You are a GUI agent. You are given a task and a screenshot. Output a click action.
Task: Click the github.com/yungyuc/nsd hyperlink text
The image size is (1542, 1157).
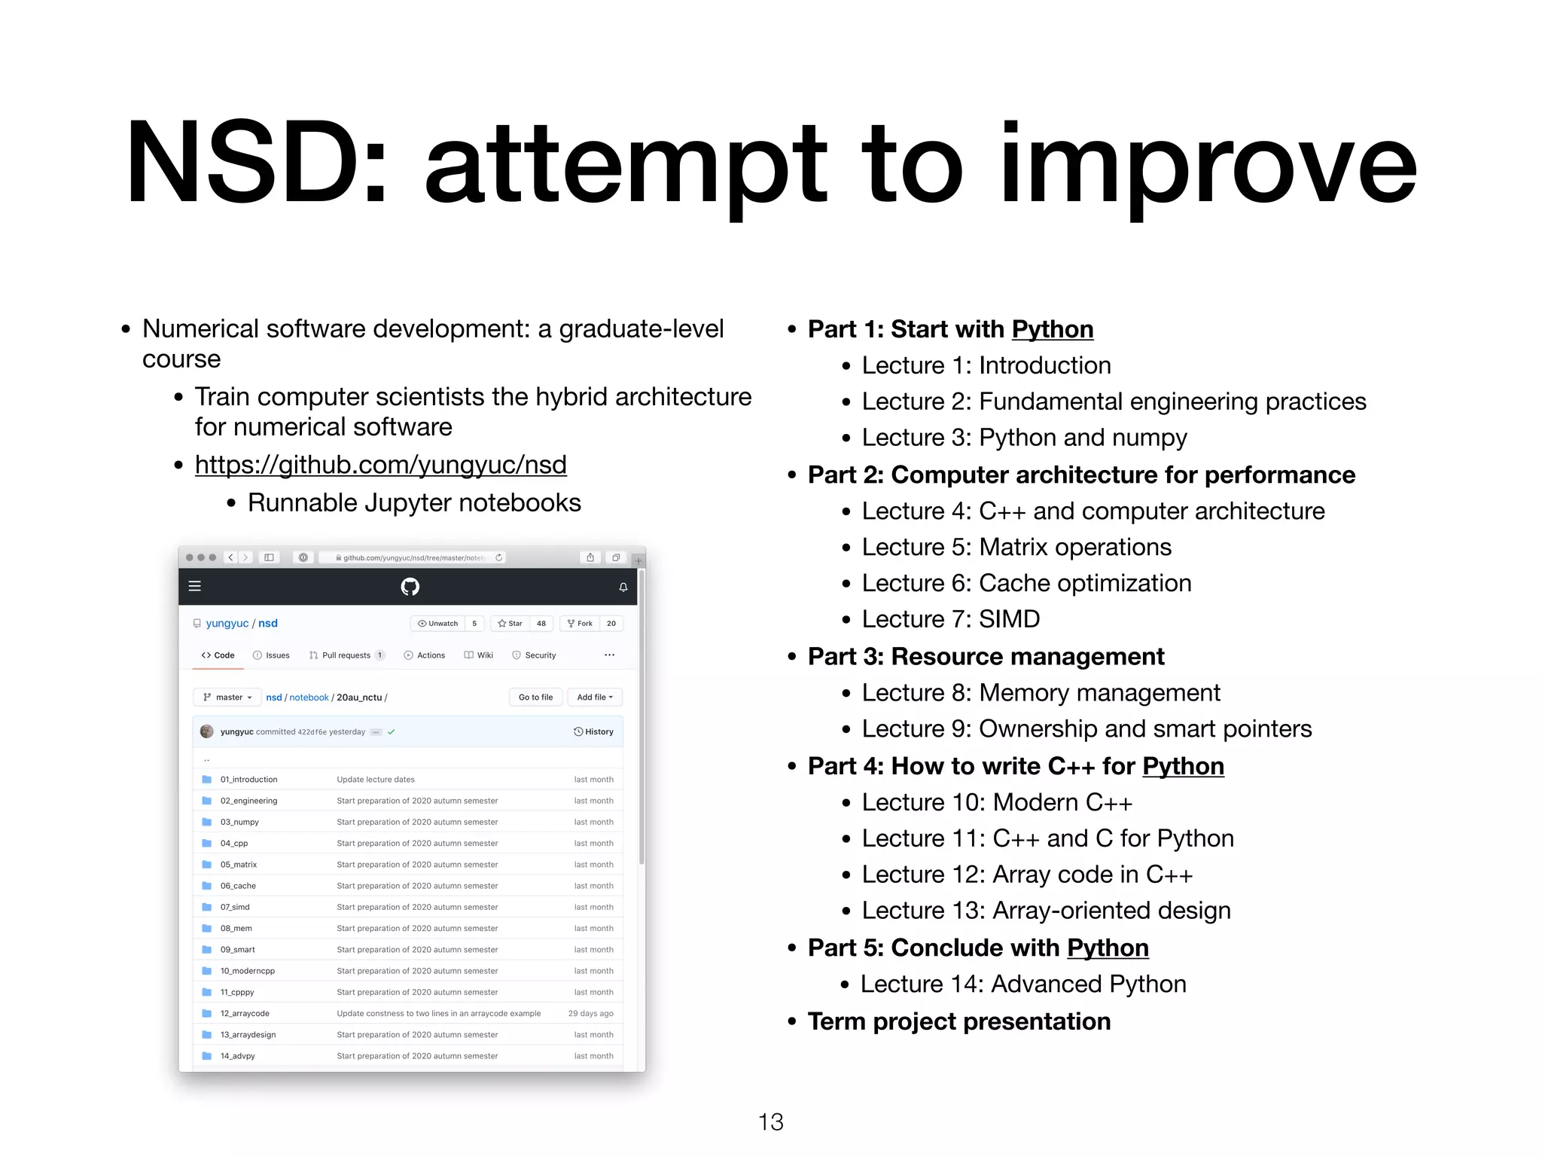click(380, 465)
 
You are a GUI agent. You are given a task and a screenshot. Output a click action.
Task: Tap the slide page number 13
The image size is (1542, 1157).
click(770, 1122)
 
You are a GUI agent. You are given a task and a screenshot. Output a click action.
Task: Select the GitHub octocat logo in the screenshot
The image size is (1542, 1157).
click(410, 587)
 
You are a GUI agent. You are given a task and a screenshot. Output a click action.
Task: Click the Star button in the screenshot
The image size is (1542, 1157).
click(510, 624)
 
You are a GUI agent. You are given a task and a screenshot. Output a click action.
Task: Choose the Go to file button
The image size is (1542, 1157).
click(535, 698)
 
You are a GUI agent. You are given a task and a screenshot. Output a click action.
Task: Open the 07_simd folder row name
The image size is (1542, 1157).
click(235, 907)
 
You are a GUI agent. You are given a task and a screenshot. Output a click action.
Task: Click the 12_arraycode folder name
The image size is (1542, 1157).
click(245, 1013)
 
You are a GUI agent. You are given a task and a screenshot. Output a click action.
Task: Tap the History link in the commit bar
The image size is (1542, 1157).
click(594, 731)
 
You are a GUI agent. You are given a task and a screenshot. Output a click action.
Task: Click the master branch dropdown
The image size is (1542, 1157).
click(227, 698)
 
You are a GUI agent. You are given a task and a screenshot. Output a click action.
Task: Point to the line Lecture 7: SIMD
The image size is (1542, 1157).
click(950, 619)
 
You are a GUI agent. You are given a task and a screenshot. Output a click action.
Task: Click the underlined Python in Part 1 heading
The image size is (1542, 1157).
click(1052, 329)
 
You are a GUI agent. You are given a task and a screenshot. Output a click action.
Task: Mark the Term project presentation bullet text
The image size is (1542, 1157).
click(958, 1021)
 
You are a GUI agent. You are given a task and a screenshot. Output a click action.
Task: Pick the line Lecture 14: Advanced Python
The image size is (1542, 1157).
click(1023, 984)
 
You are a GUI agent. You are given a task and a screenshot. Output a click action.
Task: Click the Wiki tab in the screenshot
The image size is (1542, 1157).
click(479, 655)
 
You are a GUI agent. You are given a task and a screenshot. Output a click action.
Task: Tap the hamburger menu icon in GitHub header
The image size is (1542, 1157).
click(195, 586)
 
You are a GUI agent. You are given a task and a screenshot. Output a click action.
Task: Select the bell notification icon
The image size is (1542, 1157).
click(623, 587)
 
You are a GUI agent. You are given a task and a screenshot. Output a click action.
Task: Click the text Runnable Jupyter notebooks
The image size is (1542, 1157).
click(414, 502)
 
